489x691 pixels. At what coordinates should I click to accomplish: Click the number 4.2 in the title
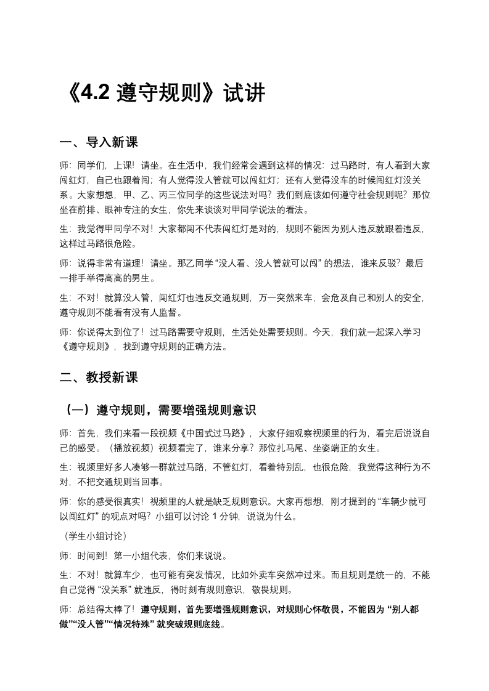point(93,93)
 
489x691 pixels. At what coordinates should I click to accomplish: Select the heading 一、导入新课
point(99,142)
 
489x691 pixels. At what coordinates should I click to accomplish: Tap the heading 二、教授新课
point(99,378)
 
